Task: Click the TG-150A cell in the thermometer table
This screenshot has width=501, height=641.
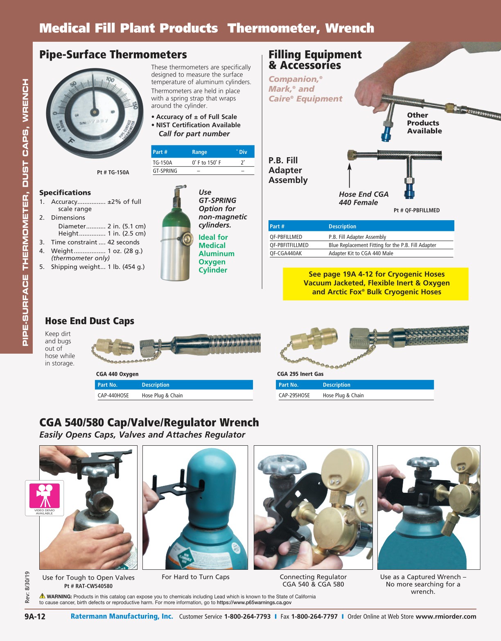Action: pos(162,163)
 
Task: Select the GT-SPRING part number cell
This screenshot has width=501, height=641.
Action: pos(165,171)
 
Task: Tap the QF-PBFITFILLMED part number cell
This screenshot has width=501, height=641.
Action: pos(289,245)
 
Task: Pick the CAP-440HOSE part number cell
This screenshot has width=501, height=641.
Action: pos(113,395)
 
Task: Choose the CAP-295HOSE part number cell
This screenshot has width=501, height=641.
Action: pos(294,395)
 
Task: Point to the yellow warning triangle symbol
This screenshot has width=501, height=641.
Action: pos(42,596)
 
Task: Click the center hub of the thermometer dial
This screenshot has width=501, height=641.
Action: pos(95,112)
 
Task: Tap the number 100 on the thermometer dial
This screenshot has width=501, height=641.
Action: pos(110,79)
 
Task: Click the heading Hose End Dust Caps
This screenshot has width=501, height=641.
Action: pos(90,321)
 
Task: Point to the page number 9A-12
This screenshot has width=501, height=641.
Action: pos(35,616)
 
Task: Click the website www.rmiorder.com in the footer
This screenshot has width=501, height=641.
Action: pos(446,616)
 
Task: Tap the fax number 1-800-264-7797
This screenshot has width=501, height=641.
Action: pos(314,616)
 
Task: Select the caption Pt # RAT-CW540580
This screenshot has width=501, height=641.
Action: pos(88,586)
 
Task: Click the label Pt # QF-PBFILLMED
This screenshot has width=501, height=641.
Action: pos(416,210)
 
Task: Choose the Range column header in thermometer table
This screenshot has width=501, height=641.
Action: pos(199,152)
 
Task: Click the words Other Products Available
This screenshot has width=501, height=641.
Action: pos(424,123)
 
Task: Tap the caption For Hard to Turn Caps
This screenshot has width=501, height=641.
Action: pos(195,577)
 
